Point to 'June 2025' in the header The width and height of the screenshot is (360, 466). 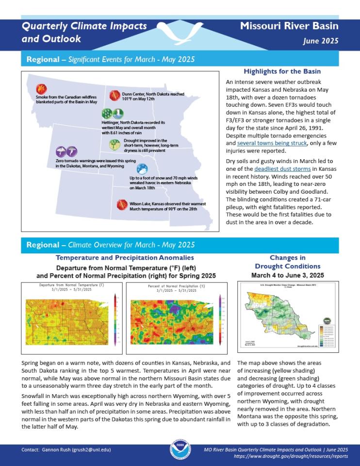click(x=320, y=41)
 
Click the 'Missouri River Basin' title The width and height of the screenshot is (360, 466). click(x=289, y=26)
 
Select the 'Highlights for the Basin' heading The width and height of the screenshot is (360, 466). click(x=282, y=71)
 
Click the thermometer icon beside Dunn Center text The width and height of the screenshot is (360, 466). click(x=115, y=95)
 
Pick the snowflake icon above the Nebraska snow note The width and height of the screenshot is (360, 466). click(x=143, y=169)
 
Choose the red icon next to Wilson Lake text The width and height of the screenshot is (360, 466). click(x=121, y=204)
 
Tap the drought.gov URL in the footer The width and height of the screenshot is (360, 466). click(x=291, y=457)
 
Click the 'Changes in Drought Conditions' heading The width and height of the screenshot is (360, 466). click(x=288, y=262)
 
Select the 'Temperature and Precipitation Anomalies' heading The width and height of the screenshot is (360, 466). click(x=125, y=258)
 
